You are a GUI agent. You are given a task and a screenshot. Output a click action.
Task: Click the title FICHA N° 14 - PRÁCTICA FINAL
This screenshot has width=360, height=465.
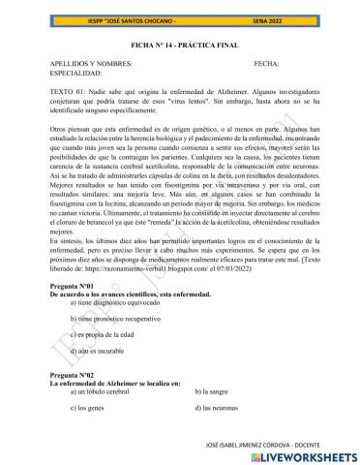179,44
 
